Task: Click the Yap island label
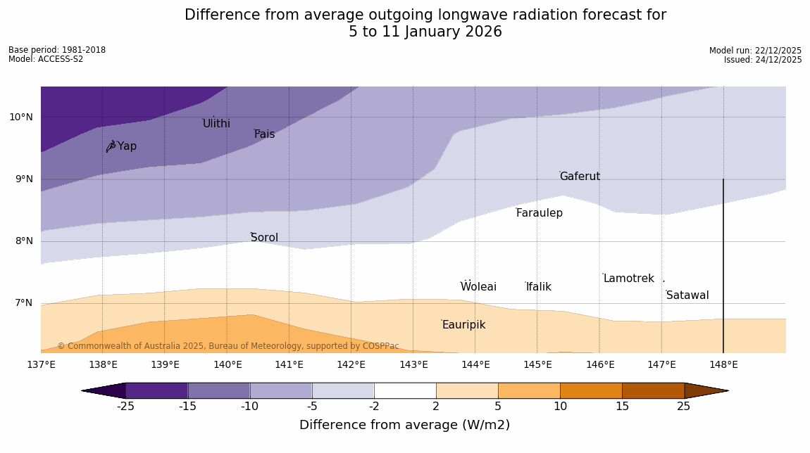(127, 146)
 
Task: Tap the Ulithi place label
(216, 124)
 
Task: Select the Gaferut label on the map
(580, 177)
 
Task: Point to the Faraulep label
(539, 213)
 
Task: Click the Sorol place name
(264, 238)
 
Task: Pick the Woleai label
(478, 287)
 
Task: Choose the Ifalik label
(538, 287)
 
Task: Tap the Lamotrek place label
(628, 279)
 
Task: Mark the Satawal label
(687, 295)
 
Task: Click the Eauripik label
(463, 325)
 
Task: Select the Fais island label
(264, 134)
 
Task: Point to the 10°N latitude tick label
(21, 117)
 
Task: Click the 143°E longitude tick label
(413, 364)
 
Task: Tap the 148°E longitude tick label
(723, 364)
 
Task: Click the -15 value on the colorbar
(187, 406)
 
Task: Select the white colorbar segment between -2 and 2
(405, 390)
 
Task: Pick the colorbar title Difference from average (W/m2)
(404, 425)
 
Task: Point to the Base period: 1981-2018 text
(57, 50)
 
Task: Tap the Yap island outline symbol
(111, 146)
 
